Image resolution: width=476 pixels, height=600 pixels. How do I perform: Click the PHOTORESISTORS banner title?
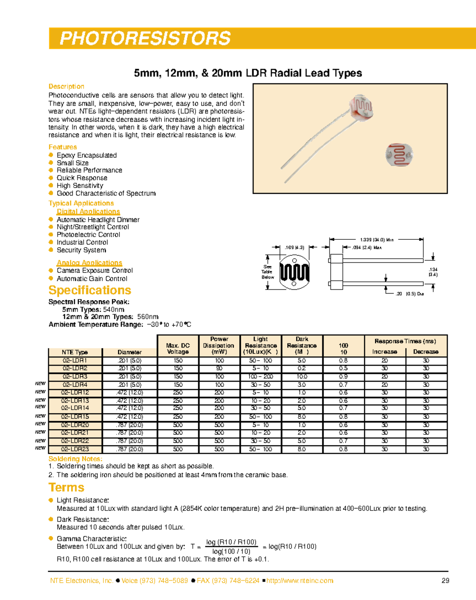coord(145,38)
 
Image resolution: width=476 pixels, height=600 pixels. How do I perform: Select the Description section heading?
coord(66,86)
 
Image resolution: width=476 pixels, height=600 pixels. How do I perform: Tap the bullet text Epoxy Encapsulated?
coord(86,155)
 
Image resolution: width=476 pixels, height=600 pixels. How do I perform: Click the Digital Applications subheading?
coord(88,212)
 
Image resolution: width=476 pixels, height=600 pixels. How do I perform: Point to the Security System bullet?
coord(81,250)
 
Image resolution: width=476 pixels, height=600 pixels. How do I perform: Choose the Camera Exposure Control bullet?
coord(94,271)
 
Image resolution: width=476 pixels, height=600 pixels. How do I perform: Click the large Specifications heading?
coord(90,290)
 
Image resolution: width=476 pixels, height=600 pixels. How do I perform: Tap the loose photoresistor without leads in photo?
coord(399,155)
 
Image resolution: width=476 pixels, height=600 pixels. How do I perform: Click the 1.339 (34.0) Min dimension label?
coord(376,240)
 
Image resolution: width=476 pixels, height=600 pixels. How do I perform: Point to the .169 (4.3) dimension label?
coord(294,248)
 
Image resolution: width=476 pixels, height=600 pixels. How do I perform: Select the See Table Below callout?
coord(267,272)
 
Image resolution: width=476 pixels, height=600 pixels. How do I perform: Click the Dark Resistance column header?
coord(302,345)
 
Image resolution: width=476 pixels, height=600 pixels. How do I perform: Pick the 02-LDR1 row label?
coord(75,361)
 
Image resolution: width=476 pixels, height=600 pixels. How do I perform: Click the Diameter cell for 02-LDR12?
coord(129,393)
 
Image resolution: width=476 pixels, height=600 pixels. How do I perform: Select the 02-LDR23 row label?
coord(75,449)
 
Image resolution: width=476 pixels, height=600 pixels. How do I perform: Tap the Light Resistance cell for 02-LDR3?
coord(261,376)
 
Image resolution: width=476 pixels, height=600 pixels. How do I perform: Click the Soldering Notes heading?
coord(75,459)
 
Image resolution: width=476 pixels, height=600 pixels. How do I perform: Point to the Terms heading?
coord(66,487)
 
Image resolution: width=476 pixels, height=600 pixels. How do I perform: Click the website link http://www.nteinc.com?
coord(299,581)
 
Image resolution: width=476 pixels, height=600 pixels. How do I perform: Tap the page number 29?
coord(445,581)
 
